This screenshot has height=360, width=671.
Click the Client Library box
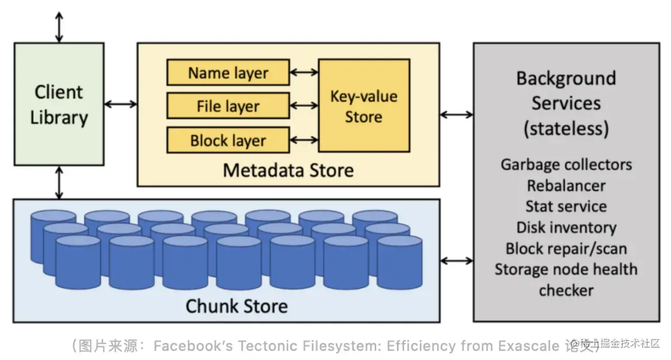(59, 105)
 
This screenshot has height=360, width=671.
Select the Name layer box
(228, 73)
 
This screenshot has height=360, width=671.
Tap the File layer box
(228, 106)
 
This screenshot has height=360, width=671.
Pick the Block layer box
(228, 140)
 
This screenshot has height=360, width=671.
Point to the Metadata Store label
(288, 170)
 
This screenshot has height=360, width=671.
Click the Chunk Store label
(236, 306)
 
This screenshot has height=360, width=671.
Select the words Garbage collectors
(566, 165)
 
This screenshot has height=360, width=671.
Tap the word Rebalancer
(566, 185)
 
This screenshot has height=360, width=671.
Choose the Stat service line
(566, 206)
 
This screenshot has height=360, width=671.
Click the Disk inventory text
(566, 228)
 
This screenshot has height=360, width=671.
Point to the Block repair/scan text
(566, 248)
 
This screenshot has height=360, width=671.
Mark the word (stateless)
(566, 129)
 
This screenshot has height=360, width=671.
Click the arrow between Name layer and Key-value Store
(304, 72)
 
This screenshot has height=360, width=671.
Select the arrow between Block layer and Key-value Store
(304, 140)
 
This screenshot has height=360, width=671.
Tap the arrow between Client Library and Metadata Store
(121, 103)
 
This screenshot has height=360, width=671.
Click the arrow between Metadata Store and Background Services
(456, 115)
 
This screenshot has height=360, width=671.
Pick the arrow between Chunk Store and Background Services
(456, 260)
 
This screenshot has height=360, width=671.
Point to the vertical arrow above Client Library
(59, 26)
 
